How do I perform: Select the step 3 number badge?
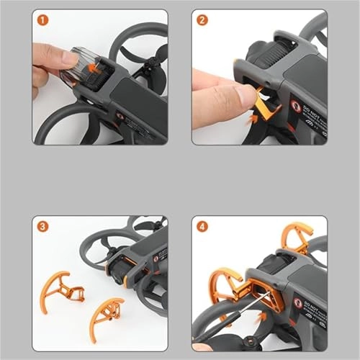[45, 226]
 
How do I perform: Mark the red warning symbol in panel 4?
[297, 303]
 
